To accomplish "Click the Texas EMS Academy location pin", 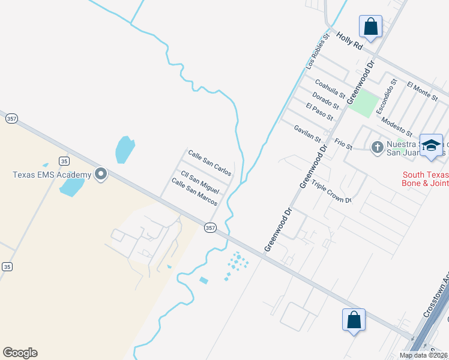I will [101, 175].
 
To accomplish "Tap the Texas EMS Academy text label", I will [52, 175].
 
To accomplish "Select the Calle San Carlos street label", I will [209, 163].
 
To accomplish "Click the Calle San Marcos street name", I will [193, 192].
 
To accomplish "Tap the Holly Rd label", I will [350, 41].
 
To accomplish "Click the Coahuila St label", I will [330, 90].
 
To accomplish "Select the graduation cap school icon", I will [431, 146].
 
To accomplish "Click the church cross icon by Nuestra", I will [377, 147].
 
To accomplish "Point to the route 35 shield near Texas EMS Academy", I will [64, 160].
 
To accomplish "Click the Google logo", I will [20, 353].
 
